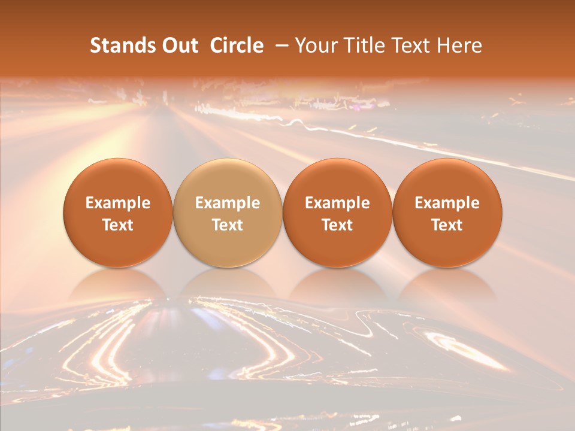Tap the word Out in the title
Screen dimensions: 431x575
click(x=178, y=45)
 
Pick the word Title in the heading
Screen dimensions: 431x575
click(x=362, y=45)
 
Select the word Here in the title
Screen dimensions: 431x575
click(x=459, y=45)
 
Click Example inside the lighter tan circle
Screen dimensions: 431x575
click(x=228, y=203)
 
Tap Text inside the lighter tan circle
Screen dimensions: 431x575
click(x=228, y=225)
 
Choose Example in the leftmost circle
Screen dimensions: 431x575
click(x=118, y=203)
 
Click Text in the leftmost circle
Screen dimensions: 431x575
click(x=118, y=225)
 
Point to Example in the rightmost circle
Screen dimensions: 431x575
click(x=447, y=203)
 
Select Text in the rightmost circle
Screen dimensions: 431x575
click(x=447, y=225)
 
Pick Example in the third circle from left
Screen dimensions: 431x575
click(x=337, y=203)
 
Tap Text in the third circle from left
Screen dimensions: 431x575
click(x=337, y=225)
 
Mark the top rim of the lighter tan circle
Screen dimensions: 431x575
click(x=228, y=160)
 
